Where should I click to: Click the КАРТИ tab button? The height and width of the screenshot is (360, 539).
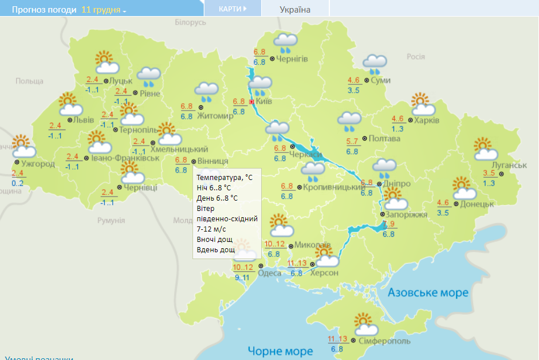233,9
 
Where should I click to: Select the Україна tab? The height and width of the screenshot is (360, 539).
295,9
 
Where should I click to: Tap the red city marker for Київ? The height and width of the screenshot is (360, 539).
251,101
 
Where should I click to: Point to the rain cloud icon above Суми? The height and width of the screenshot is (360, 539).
375,64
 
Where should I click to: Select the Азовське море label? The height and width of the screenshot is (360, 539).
428,293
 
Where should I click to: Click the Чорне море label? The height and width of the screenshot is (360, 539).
280,351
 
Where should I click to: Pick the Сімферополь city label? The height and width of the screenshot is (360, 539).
385,341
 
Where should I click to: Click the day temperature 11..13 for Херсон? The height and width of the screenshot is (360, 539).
297,263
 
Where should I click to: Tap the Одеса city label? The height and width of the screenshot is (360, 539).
270,273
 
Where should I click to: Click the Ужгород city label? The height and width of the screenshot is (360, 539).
39,164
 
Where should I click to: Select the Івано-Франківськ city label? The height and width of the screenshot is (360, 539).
124,158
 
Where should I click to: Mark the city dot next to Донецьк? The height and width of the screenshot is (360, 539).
456,204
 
